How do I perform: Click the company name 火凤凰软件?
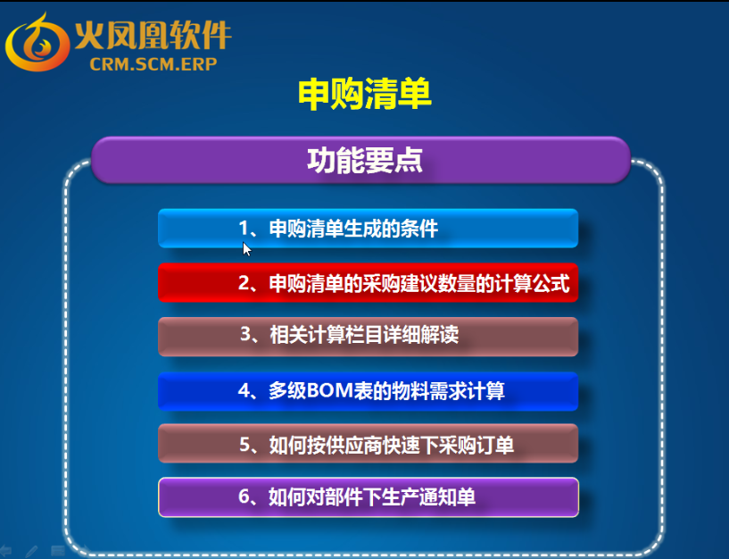point(153,36)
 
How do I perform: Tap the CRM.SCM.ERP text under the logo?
point(153,64)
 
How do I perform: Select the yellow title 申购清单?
point(364,94)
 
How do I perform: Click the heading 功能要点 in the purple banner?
point(364,160)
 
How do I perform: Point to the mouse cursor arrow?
point(247,249)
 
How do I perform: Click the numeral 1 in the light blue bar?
point(244,229)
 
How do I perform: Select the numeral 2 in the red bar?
point(244,283)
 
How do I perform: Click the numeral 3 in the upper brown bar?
point(246,334)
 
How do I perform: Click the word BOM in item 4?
point(329,390)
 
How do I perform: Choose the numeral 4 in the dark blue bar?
point(244,390)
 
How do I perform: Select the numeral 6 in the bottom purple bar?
point(244,496)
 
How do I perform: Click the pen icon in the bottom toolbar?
point(31,552)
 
